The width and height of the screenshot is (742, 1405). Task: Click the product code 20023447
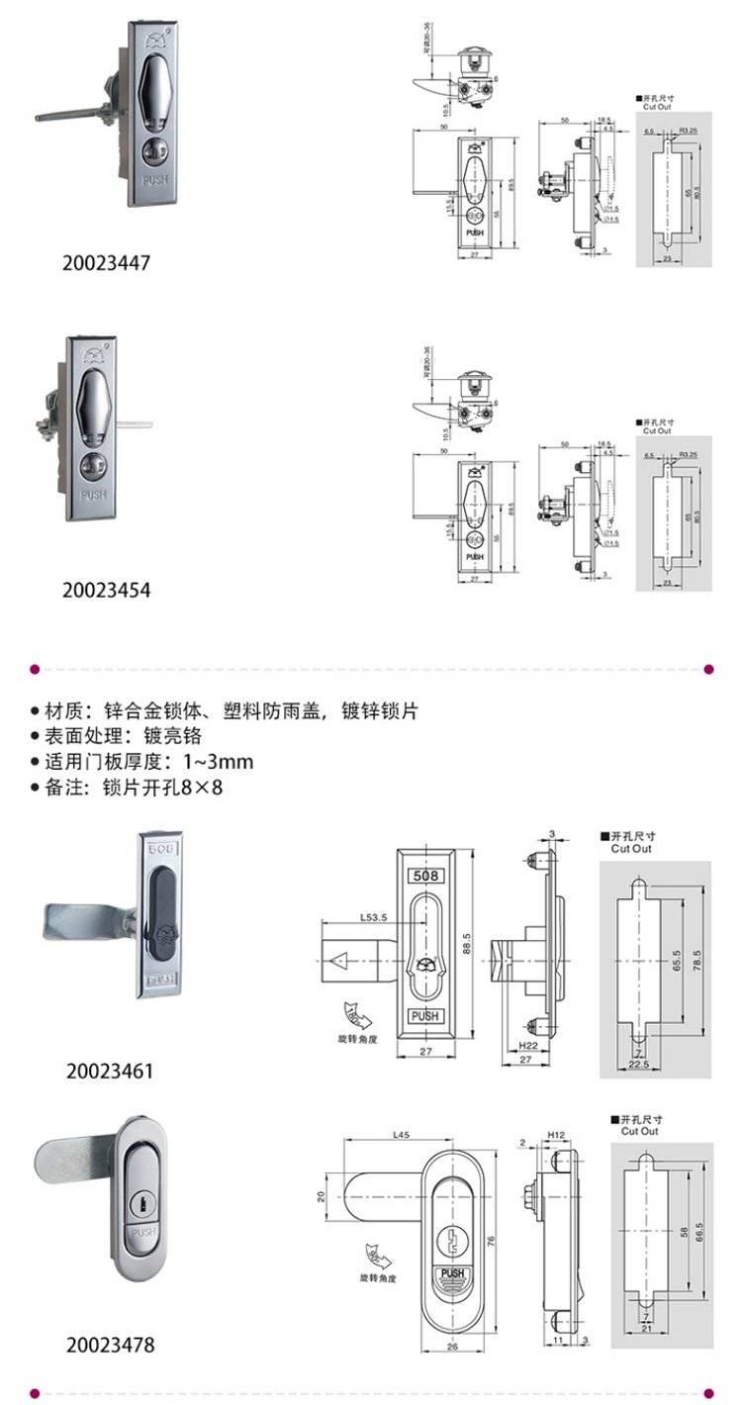107,263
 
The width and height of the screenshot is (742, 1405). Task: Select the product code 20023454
107,591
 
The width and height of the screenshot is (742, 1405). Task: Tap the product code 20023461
111,1071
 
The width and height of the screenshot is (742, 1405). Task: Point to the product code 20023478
111,1345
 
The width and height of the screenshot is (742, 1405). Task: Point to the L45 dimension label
402,1134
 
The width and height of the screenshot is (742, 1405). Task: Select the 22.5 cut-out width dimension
640,1065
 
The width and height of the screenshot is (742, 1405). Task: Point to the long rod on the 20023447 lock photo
69,114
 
